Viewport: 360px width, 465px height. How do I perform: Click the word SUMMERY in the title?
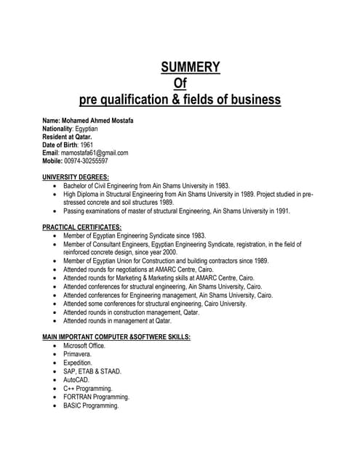190,68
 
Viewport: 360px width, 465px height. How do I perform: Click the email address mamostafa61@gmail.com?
95,153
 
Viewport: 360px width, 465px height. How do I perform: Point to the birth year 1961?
87,145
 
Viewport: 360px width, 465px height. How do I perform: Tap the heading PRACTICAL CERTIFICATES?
81,227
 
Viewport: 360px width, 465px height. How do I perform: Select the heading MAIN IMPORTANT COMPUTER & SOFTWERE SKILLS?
116,337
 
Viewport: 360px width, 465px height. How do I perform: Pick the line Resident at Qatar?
67,136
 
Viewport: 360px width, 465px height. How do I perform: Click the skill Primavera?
78,354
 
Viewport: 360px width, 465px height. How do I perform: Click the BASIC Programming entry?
91,405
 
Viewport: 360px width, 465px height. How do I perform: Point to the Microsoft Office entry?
84,346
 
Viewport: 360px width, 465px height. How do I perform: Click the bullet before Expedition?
55,363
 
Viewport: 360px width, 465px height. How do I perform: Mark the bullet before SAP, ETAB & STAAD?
55,371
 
